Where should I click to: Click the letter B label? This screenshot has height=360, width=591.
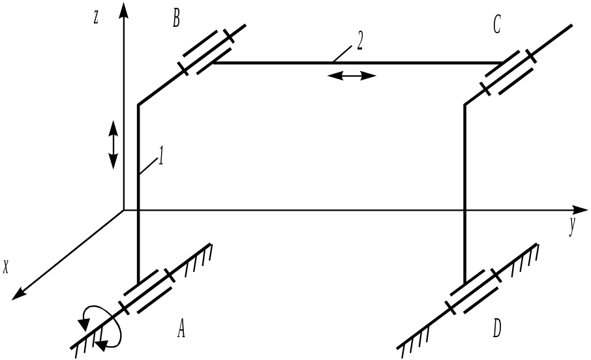(x=176, y=19)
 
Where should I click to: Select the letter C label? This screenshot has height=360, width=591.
(x=497, y=27)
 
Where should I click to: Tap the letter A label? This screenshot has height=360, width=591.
(x=181, y=331)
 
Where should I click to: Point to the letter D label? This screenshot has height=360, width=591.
(x=497, y=330)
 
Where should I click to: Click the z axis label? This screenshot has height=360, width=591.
(x=96, y=18)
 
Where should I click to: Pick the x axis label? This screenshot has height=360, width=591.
(x=7, y=267)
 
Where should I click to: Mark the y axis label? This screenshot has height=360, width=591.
(x=571, y=228)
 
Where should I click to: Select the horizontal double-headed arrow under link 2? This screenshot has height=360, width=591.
(x=352, y=76)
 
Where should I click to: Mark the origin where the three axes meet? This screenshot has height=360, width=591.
(x=124, y=210)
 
